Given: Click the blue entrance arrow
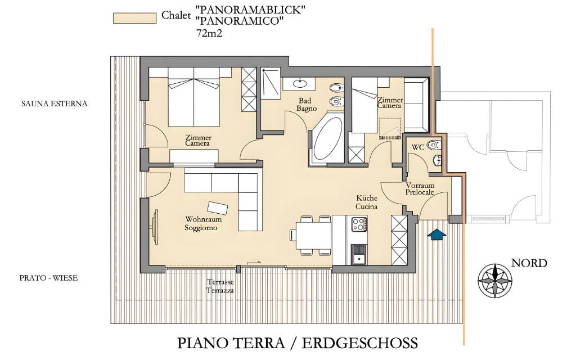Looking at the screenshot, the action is coord(437,235).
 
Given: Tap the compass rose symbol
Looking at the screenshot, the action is coord(495,281).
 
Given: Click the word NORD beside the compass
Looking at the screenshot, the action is coord(529,263).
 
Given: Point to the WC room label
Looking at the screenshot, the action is coord(418,147).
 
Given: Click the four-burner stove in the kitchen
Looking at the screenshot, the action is coord(359,224).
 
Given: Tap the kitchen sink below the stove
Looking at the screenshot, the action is coord(359,255).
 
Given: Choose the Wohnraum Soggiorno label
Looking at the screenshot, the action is coord(203,223).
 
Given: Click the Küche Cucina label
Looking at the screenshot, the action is coord(367,202).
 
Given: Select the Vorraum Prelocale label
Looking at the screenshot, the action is coord(420,189).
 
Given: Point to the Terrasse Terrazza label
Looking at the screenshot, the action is coord(220,286).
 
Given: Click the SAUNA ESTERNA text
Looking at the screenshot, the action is coord(55,103).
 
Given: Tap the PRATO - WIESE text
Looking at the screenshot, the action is coord(48,278).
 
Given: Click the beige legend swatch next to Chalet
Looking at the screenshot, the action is coord(134,18).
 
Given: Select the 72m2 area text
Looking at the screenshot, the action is coord(209,33).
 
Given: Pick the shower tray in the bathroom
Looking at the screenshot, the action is coord(271,83).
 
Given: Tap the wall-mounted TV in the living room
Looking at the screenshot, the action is coord(155,227).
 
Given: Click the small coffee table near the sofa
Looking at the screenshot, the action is coord(218,208).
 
